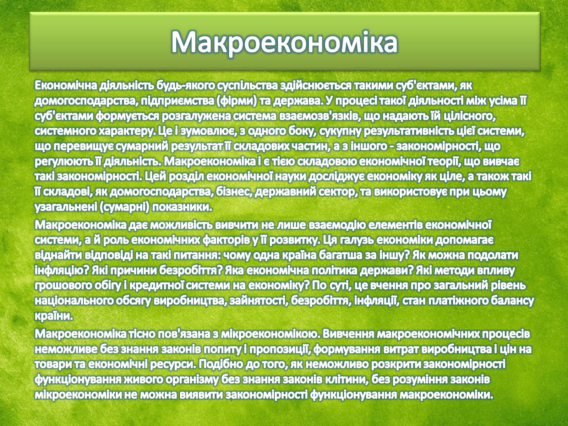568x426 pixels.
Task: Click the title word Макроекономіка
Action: [284, 42]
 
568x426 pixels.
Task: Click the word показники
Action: [181, 207]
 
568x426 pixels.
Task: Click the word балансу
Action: [512, 301]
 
